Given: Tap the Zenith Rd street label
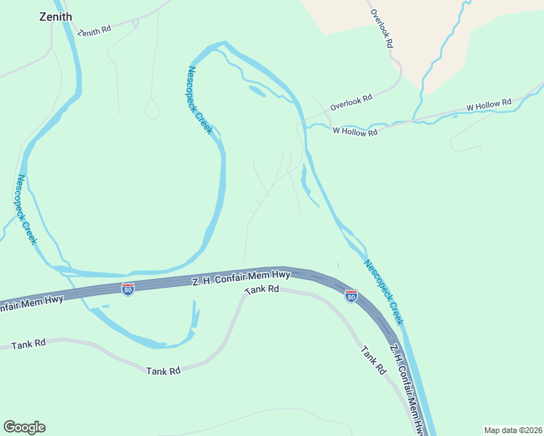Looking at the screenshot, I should pos(95,31).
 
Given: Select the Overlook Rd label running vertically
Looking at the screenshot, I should pos(382,28).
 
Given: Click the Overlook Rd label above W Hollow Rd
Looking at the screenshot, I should pos(351,101).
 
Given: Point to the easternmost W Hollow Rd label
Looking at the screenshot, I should pos(489,105).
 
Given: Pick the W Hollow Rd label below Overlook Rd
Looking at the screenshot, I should pos(355,132).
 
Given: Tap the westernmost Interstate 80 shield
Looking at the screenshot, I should pos(128,289).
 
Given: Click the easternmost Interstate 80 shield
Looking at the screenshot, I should pos(351,296).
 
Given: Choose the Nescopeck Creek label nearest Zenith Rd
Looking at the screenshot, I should pos(199,100).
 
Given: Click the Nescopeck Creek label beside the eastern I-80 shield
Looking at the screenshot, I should pos(383,292).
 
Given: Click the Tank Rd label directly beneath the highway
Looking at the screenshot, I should pos(262,289).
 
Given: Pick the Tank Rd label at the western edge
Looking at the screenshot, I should pos(28,344).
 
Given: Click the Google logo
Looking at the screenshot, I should pos(24,427).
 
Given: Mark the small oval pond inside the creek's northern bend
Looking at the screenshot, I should pos(257,91).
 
